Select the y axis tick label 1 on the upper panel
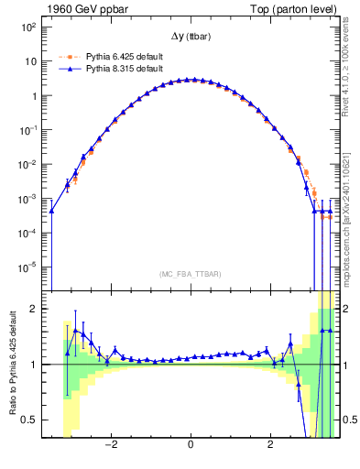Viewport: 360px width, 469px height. [x=32, y=96]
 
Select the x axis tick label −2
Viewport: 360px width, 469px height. [x=111, y=448]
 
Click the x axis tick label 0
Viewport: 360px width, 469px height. [x=190, y=448]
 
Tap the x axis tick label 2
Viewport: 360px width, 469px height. [x=269, y=448]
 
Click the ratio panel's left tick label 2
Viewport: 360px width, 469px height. [x=32, y=309]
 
